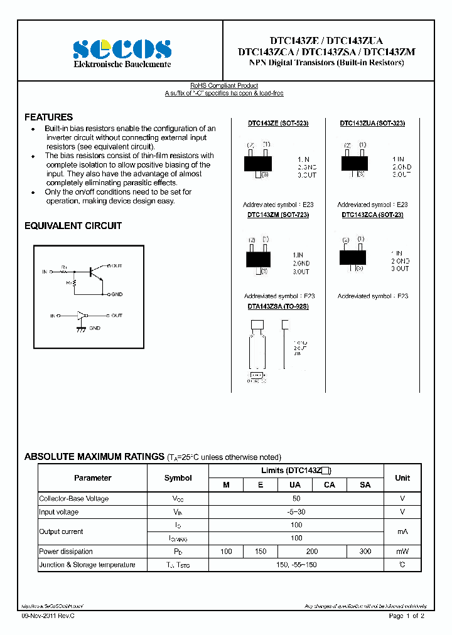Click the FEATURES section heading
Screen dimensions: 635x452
pyautogui.click(x=48, y=117)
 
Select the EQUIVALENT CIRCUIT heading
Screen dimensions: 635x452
pyautogui.click(x=73, y=226)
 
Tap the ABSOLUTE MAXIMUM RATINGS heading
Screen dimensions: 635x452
pyautogui.click(x=94, y=457)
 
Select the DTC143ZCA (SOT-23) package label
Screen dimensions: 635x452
pyautogui.click(x=372, y=215)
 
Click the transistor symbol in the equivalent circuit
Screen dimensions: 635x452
pyautogui.click(x=94, y=272)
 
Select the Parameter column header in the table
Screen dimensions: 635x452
pyautogui.click(x=92, y=478)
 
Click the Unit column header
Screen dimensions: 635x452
pyautogui.click(x=402, y=478)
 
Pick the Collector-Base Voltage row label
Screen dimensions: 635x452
pyautogui.click(x=74, y=499)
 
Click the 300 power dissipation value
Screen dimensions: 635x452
pyautogui.click(x=365, y=552)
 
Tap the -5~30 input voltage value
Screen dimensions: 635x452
pyautogui.click(x=296, y=512)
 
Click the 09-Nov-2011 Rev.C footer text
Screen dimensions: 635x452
pyautogui.click(x=42, y=616)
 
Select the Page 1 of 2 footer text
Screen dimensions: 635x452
pyautogui.click(x=407, y=616)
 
